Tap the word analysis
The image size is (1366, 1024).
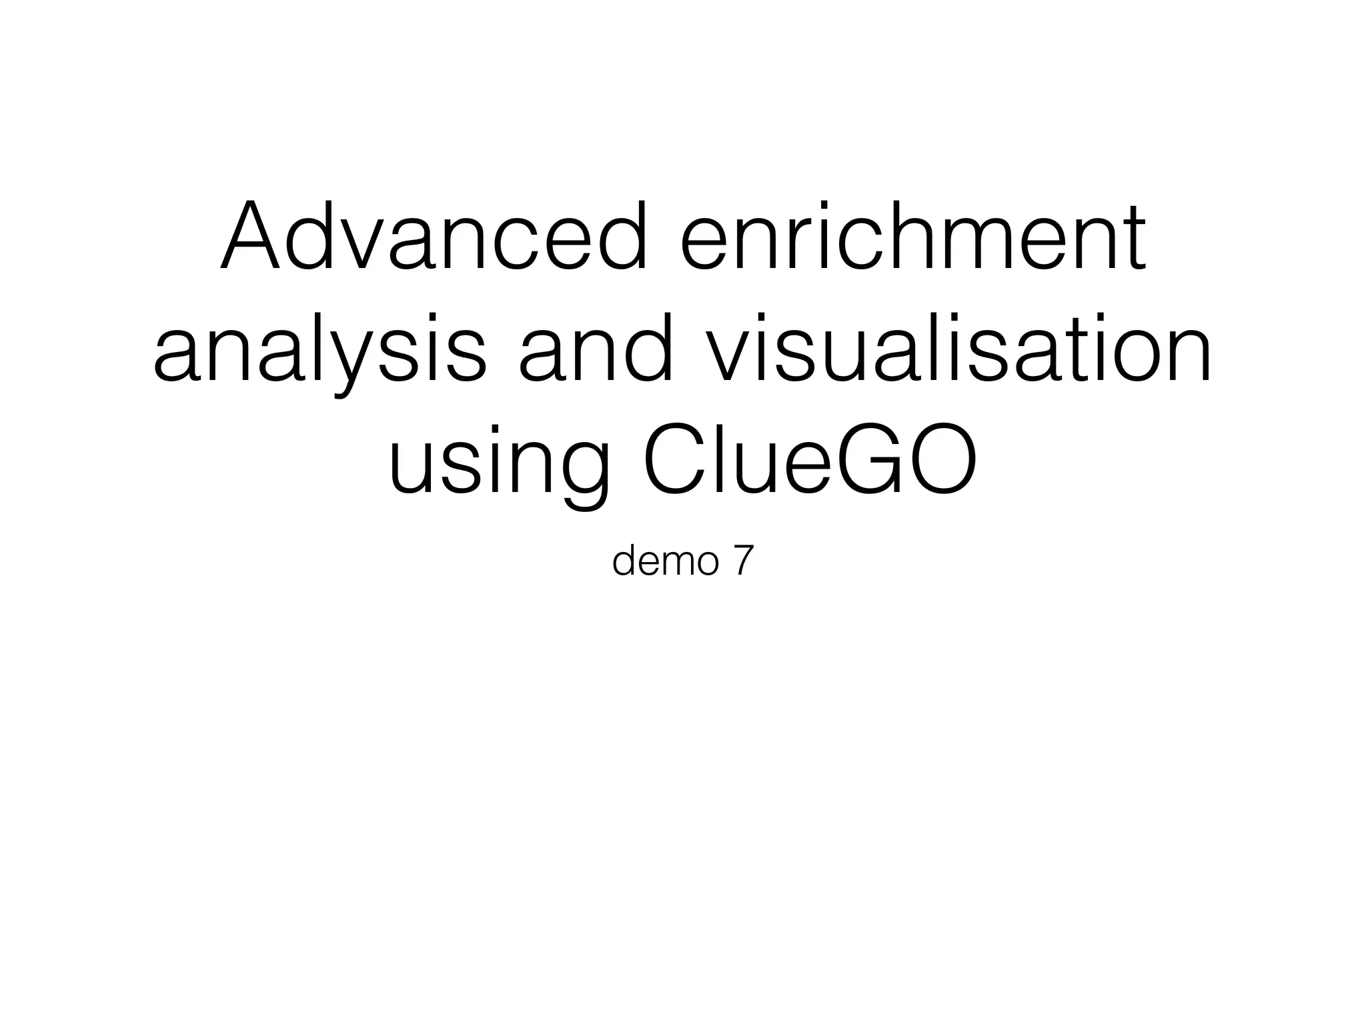click(x=320, y=350)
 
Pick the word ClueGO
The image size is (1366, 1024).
click(x=811, y=460)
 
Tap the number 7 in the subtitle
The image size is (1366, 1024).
click(x=743, y=562)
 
